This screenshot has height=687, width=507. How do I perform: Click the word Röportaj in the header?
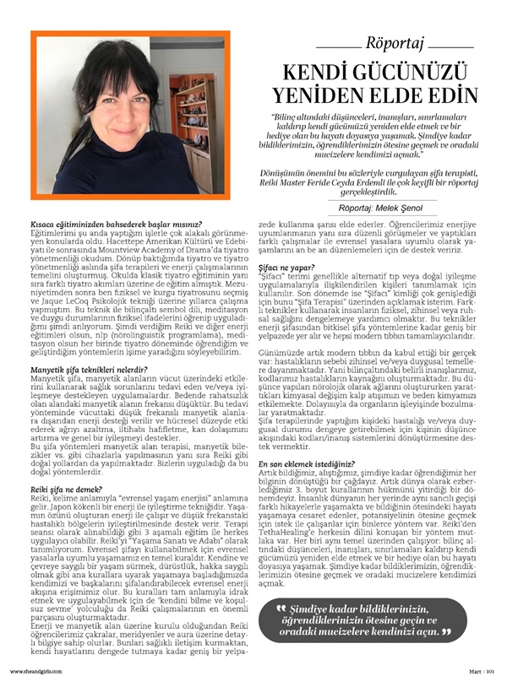(x=395, y=43)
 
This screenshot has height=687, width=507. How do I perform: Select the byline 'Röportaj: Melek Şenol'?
(x=380, y=206)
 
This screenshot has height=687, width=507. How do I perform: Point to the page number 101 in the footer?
(x=491, y=672)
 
